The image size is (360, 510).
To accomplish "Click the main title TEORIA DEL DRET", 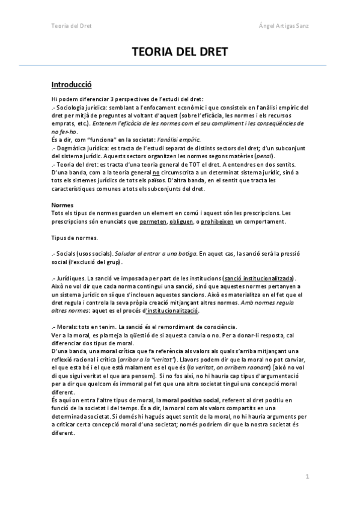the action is click(180, 52).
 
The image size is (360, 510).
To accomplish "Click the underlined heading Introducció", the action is click(72, 84).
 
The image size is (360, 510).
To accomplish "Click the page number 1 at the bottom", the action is click(307, 477).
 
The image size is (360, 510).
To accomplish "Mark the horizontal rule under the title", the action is click(180, 66).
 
